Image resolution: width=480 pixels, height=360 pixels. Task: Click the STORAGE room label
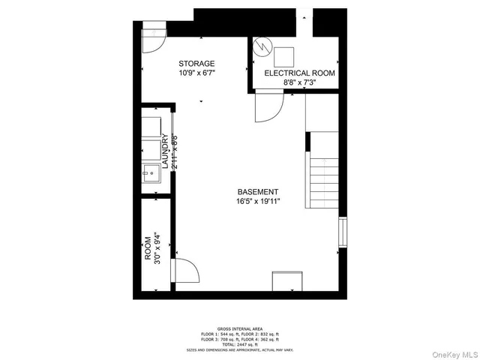point(196,64)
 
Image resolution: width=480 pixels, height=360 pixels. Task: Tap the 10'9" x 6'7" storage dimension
point(196,73)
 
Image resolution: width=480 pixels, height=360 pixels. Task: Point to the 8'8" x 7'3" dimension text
point(294,83)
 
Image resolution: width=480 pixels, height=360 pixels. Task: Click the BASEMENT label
point(259,191)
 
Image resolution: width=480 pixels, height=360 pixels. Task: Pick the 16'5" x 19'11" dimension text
point(259,201)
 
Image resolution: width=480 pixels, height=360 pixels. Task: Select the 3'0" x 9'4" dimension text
point(157,247)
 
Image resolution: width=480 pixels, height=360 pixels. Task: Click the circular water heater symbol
point(263,47)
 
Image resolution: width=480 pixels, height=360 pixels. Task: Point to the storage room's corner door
point(152,40)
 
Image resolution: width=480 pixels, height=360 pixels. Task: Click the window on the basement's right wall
point(343,232)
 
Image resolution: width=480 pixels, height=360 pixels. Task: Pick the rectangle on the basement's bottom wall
point(287,281)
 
